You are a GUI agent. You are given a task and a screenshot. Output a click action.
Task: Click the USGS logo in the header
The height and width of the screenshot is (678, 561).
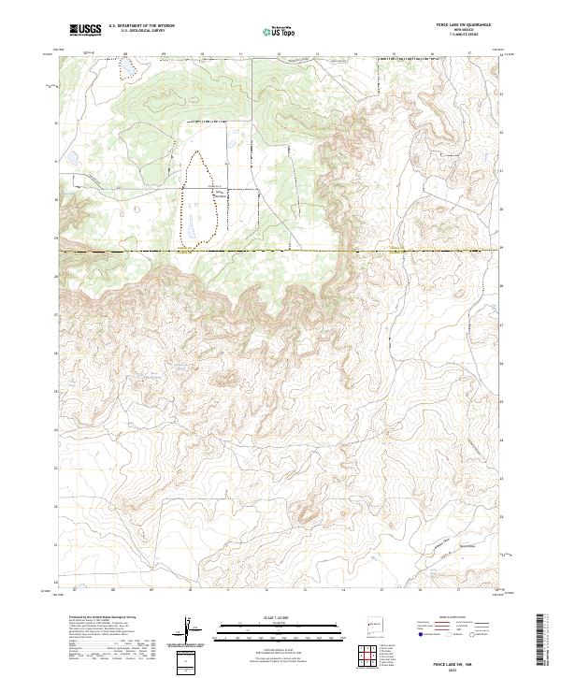85,31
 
